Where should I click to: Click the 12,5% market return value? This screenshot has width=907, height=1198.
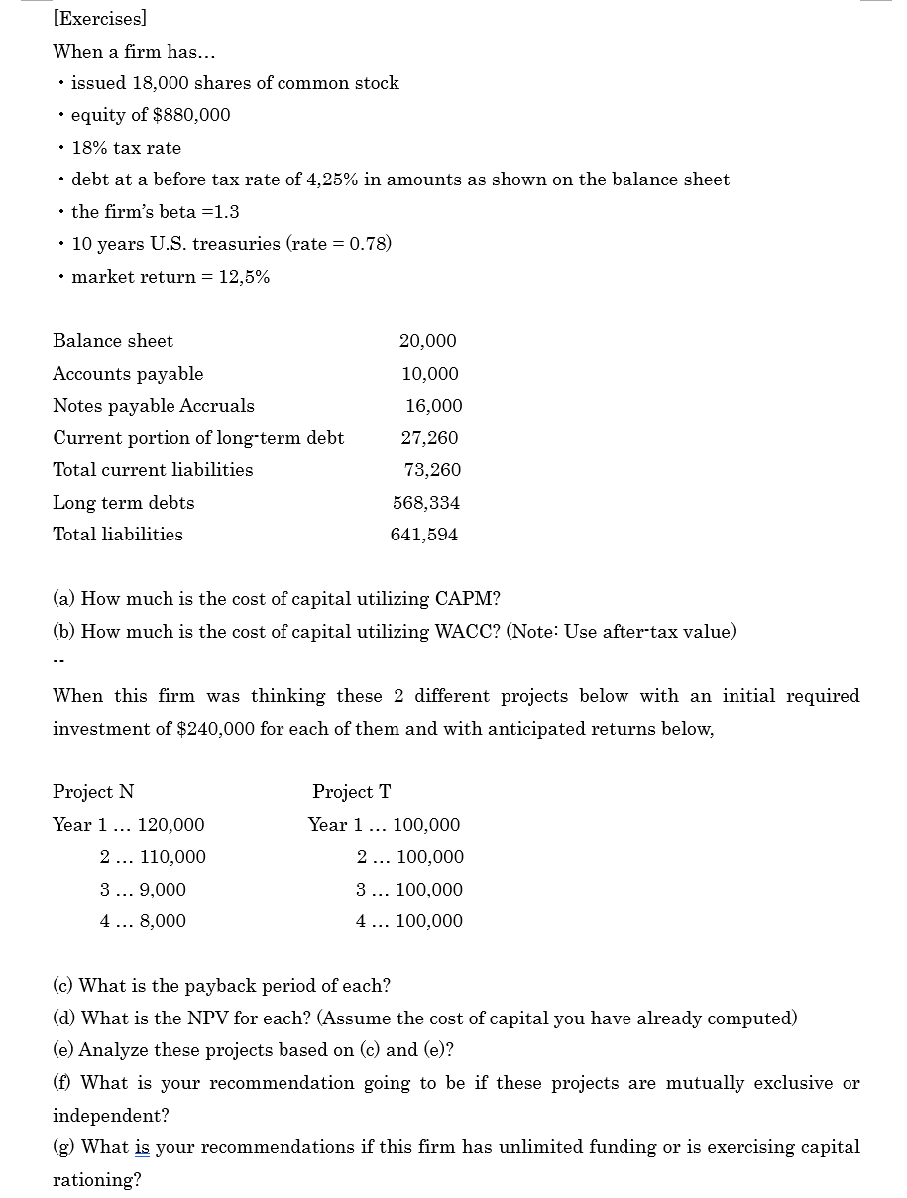point(244,277)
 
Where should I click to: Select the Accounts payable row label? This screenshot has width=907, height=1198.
point(128,374)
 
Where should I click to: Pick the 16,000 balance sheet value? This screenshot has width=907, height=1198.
point(433,406)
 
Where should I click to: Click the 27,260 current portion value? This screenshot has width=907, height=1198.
point(429,438)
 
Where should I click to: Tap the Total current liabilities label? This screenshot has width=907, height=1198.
point(153,470)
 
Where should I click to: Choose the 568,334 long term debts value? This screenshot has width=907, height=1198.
point(426,503)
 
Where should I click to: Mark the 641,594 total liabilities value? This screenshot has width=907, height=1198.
point(424,535)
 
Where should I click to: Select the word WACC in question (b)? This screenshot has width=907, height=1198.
point(464,632)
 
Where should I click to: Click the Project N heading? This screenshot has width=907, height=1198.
point(93,792)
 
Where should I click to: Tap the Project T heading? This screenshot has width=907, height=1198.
point(351,792)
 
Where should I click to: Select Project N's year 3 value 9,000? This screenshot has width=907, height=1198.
point(162,890)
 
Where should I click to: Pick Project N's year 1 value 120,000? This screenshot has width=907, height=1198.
point(170,825)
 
